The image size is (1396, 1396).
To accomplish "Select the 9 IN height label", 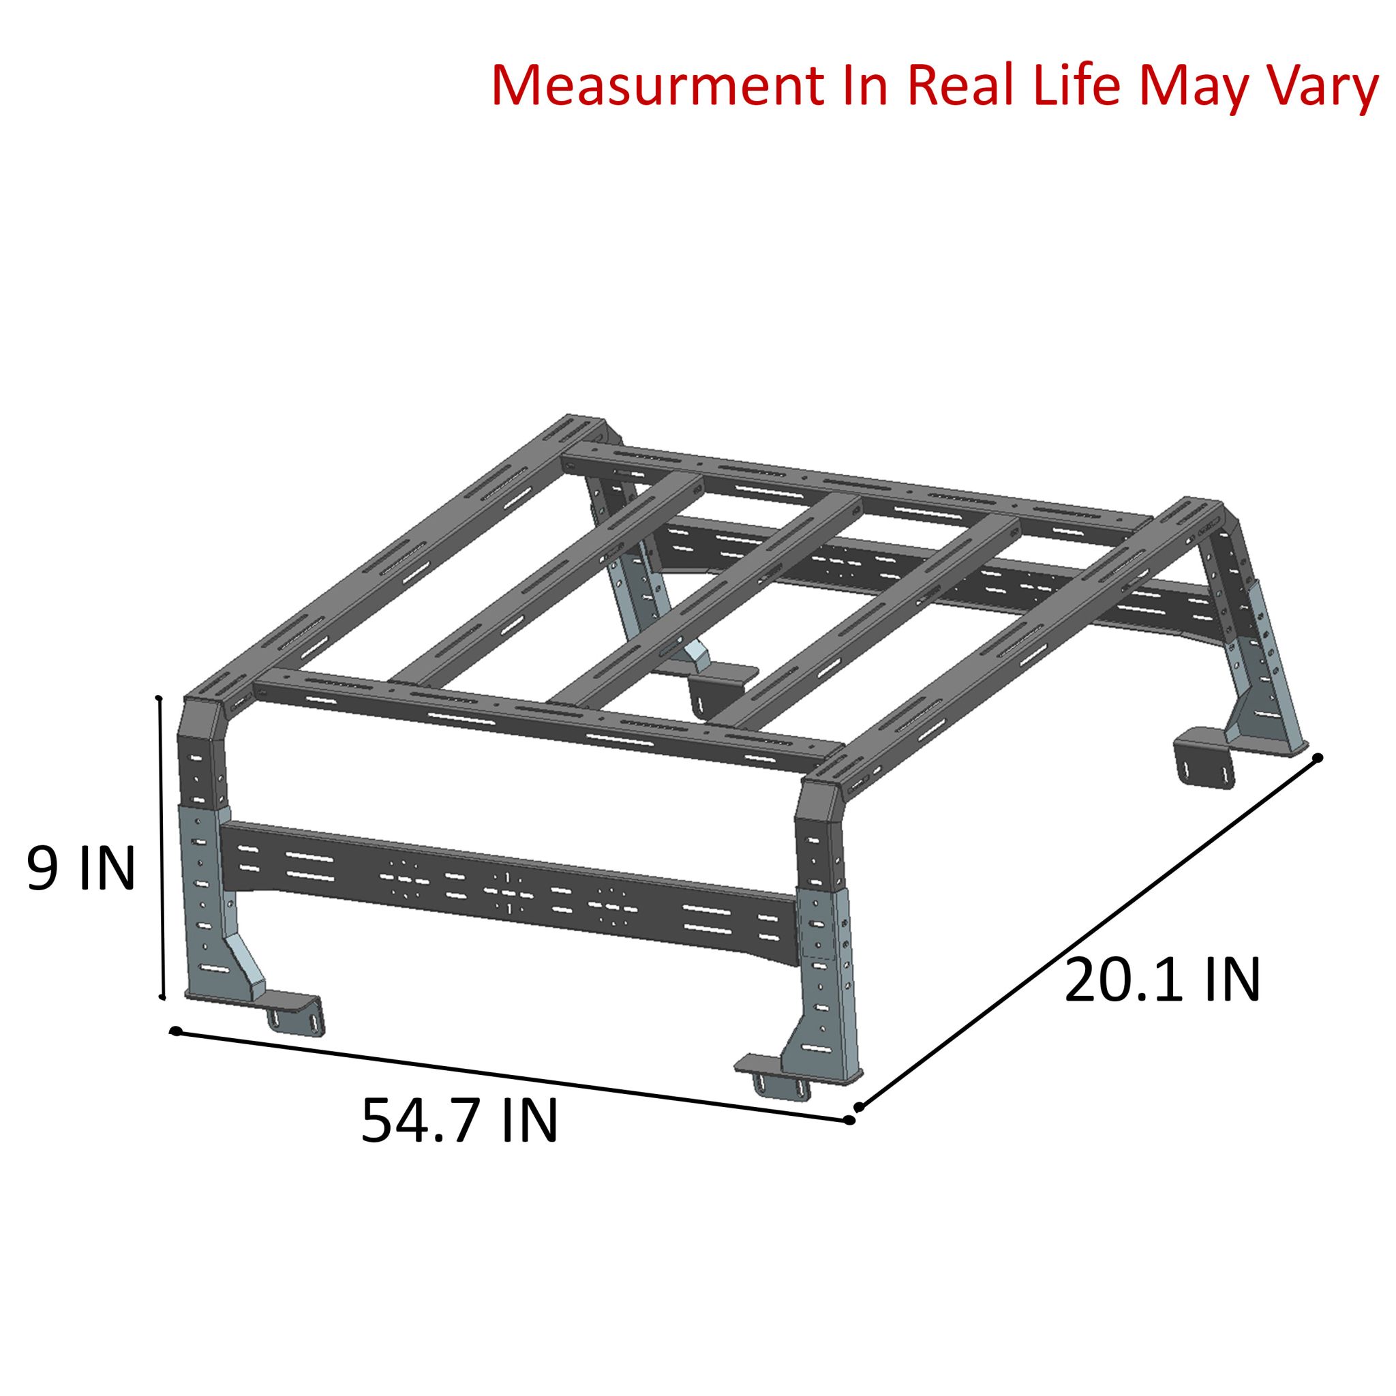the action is coord(81,870).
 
